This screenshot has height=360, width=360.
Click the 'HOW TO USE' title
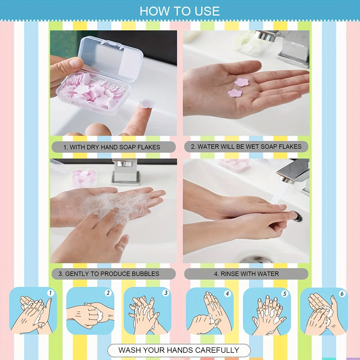(179, 11)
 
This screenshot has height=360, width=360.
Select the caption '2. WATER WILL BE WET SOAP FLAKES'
(246, 146)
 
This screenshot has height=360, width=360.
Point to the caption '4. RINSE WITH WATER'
(246, 274)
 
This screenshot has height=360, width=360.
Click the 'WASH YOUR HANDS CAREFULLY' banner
(179, 350)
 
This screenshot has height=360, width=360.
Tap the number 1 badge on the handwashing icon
(50, 293)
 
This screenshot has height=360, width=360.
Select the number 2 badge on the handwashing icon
(108, 293)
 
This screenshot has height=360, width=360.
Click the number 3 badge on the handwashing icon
(165, 293)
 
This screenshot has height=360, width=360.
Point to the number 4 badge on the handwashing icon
(227, 293)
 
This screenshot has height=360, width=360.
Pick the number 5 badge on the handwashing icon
(284, 294)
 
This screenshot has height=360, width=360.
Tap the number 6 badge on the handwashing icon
(342, 293)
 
